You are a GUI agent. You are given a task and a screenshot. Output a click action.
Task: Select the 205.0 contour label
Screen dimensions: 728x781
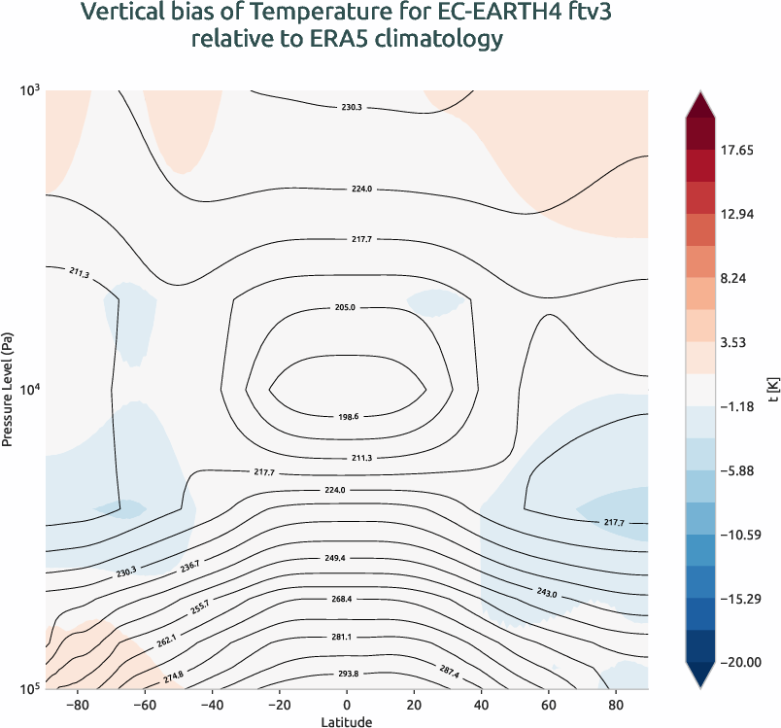tap(346, 307)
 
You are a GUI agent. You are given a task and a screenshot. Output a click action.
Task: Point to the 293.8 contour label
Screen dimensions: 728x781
tap(347, 675)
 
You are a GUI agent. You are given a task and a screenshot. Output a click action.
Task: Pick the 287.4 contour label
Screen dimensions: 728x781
tap(450, 672)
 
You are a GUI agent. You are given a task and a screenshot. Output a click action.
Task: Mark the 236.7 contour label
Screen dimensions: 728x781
tap(189, 566)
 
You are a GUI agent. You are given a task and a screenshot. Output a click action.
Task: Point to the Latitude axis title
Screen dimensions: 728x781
tap(347, 720)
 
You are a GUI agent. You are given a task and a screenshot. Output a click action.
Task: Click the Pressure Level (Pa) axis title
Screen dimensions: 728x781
tap(8, 389)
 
